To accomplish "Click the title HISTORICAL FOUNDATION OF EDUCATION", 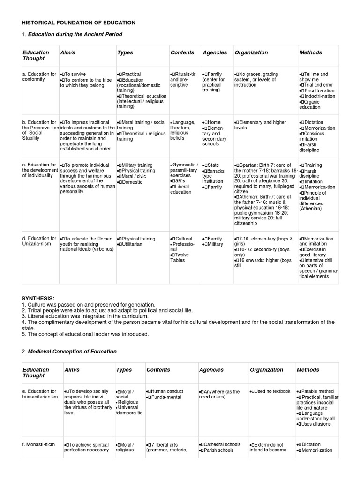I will (x=79, y=22).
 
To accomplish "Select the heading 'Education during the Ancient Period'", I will (x=75, y=34).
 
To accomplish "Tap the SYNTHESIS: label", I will (x=38, y=298).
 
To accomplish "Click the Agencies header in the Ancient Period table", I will (x=214, y=52).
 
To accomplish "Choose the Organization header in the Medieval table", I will (x=267, y=369).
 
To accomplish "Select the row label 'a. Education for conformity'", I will (x=39, y=76).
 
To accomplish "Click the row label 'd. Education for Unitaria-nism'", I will (x=39, y=241).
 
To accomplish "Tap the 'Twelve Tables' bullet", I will (x=179, y=257).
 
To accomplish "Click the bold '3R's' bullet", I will (x=179, y=180).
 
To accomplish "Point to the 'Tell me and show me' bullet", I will (x=315, y=76).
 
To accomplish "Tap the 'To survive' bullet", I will (x=75, y=74).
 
